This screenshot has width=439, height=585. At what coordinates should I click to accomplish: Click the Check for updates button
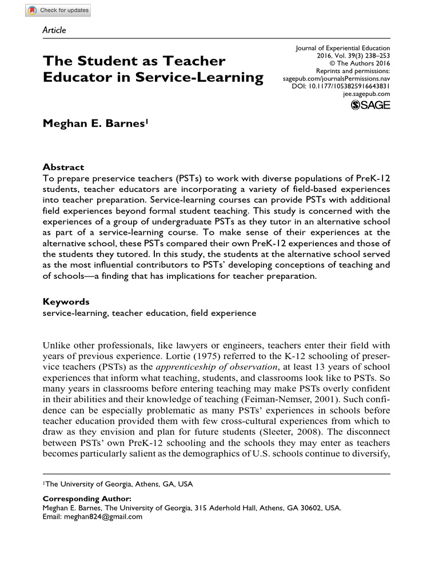(x=58, y=10)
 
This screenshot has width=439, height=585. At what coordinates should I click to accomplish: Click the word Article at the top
(x=54, y=30)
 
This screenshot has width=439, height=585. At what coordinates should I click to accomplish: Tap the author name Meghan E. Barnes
(x=95, y=125)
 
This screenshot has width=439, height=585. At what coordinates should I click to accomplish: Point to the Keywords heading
(x=66, y=302)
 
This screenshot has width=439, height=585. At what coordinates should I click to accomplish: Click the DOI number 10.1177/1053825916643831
(x=349, y=86)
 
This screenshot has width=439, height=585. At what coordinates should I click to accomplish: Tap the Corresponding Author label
(x=87, y=499)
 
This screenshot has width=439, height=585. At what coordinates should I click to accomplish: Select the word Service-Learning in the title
(x=199, y=78)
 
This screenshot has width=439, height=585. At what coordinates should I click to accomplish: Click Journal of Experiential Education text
(x=342, y=49)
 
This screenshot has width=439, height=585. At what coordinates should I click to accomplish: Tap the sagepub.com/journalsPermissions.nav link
(x=337, y=78)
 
